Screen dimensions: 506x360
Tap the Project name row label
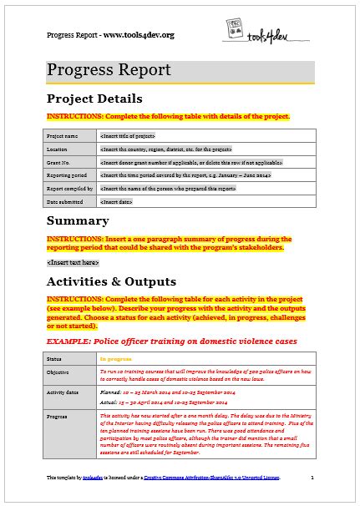click(63, 135)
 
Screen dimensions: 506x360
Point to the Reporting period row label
click(66, 177)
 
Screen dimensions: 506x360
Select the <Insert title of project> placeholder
click(127, 135)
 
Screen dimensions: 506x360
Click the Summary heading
click(78, 221)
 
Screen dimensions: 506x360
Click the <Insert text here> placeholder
click(68, 262)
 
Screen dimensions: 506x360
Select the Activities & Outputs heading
click(110, 281)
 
